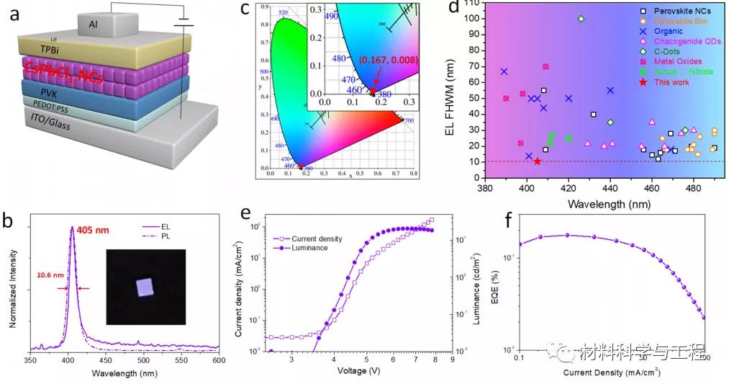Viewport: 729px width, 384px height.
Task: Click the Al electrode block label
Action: (x=94, y=24)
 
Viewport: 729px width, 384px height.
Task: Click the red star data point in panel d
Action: (x=537, y=161)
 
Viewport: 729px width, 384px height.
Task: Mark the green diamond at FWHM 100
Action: (x=581, y=19)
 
